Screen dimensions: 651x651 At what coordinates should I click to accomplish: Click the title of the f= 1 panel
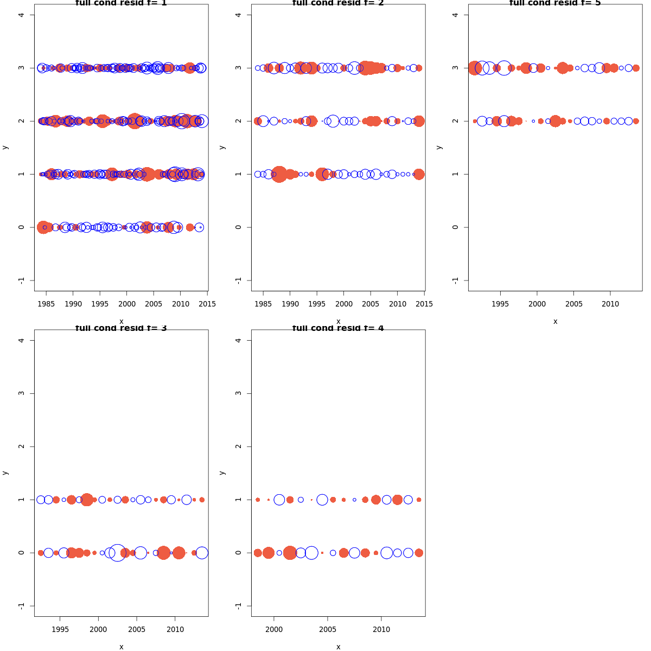click(x=121, y=3)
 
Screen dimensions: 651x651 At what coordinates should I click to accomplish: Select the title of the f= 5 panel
click(x=555, y=3)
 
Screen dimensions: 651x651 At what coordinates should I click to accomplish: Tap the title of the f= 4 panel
click(x=338, y=328)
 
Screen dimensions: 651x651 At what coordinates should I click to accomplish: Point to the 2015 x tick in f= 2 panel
click(x=424, y=304)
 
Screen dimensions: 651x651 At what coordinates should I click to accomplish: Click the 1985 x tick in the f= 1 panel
click(x=46, y=304)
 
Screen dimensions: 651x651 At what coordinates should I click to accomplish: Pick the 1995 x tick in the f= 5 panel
click(x=500, y=304)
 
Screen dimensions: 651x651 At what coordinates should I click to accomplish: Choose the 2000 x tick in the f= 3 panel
click(x=98, y=629)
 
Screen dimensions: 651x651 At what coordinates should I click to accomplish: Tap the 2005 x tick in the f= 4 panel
click(x=328, y=629)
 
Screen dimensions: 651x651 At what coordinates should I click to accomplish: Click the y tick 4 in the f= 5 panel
click(x=455, y=15)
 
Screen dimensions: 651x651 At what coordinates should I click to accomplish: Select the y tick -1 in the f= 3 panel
click(x=21, y=605)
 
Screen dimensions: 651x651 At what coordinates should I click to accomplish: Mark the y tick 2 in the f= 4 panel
click(x=238, y=446)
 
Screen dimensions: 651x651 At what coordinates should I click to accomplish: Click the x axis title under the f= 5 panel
click(x=555, y=321)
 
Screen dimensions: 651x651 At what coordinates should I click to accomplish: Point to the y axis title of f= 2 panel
click(x=222, y=147)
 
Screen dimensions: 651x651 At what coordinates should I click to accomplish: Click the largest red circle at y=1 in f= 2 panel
click(x=279, y=174)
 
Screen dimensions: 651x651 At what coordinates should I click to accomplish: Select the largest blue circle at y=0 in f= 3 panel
click(x=117, y=553)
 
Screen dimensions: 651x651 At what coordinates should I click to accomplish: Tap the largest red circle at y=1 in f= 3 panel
click(x=87, y=500)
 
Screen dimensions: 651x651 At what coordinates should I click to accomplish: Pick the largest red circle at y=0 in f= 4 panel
click(x=290, y=553)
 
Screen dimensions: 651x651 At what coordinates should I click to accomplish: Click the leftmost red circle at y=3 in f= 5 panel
click(x=475, y=68)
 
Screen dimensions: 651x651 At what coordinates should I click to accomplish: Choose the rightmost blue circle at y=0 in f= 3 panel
click(x=202, y=553)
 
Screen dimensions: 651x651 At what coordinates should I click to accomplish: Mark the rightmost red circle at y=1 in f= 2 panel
click(x=419, y=174)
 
